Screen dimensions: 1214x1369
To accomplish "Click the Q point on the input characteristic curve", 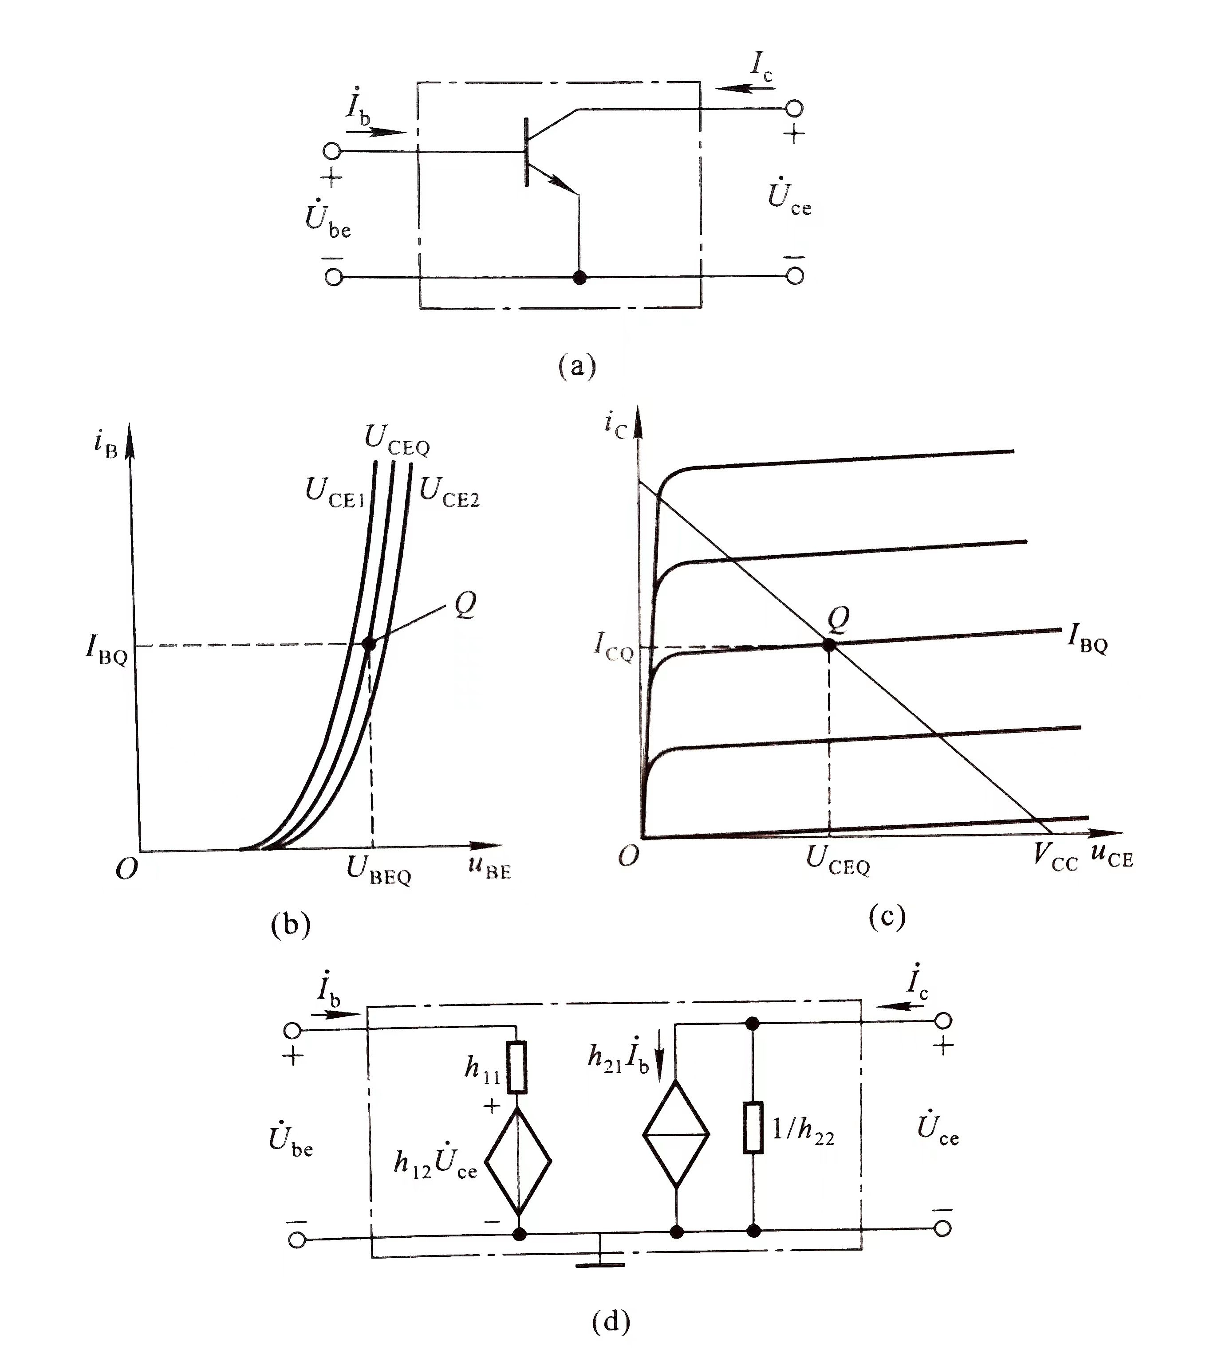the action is [x=368, y=643].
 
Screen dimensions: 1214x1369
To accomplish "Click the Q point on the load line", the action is [x=829, y=644].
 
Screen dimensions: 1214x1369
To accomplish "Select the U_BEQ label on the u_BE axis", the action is [x=378, y=871].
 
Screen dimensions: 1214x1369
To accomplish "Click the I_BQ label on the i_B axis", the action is [x=106, y=649].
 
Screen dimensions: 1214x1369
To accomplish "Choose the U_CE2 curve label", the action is [x=449, y=493].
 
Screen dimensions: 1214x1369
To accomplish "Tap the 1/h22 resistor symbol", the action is [x=753, y=1128].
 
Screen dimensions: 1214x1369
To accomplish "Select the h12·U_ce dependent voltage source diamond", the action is [x=518, y=1161].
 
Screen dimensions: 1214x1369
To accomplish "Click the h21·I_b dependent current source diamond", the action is [x=676, y=1134].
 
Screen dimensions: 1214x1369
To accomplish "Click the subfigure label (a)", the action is [x=577, y=366].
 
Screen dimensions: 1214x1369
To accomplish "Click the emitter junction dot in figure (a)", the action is [x=579, y=277].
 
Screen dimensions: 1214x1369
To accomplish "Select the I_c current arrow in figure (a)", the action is [x=744, y=88].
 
